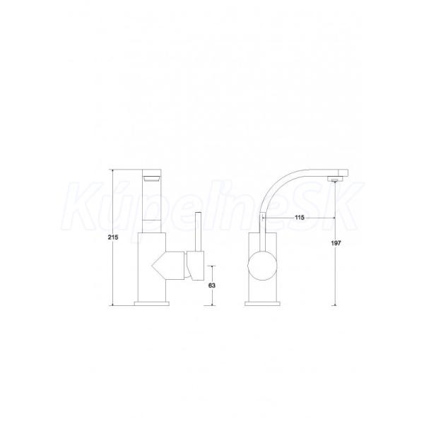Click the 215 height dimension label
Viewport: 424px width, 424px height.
113,237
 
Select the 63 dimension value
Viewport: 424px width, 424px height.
212,285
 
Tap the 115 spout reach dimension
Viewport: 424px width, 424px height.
300,218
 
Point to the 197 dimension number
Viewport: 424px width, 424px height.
336,243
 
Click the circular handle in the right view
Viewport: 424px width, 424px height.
262,265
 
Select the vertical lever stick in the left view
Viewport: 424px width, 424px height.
199,232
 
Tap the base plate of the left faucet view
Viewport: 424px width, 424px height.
152,303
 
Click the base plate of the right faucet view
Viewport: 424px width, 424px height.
262,303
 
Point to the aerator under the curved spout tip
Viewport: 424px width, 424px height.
335,179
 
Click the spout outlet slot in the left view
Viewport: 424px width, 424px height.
152,179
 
